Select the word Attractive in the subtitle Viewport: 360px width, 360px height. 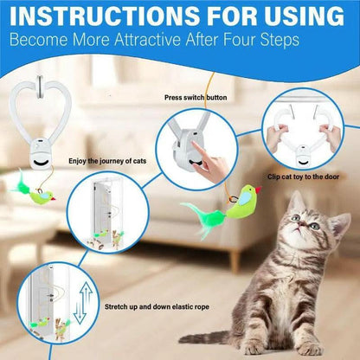pos(148,40)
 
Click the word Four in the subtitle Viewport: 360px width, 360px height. pos(236,40)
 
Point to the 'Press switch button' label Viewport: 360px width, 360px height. pos(196,98)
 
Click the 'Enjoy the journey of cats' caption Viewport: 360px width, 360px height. pos(107,161)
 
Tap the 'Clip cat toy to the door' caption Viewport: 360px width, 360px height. pos(303,177)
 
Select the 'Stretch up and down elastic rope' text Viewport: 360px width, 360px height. pos(157,306)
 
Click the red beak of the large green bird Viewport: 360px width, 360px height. pos(258,190)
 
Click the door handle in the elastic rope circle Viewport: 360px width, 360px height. pos(51,297)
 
